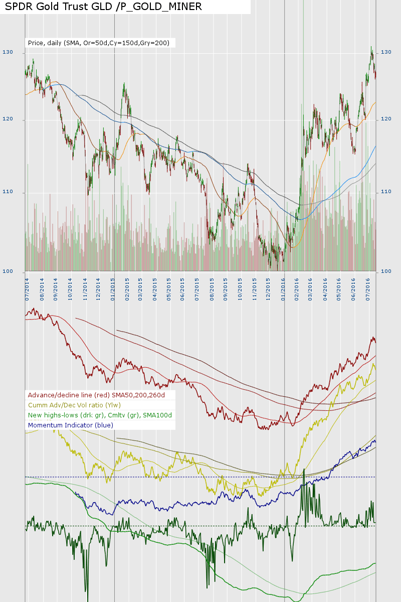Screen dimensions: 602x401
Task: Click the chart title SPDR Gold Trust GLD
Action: (103, 7)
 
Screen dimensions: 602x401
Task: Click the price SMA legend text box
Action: (99, 43)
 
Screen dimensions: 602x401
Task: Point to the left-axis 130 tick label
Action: (8, 52)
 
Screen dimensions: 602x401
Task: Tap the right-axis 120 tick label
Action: (386, 119)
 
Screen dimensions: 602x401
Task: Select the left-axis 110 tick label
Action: (8, 192)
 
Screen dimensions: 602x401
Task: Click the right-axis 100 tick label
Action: (386, 271)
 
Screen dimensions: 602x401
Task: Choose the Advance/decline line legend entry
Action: (96, 395)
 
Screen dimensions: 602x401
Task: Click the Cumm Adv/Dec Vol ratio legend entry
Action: (74, 405)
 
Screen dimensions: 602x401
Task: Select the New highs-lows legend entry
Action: (100, 415)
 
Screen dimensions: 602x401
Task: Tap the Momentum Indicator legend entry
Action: (71, 425)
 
